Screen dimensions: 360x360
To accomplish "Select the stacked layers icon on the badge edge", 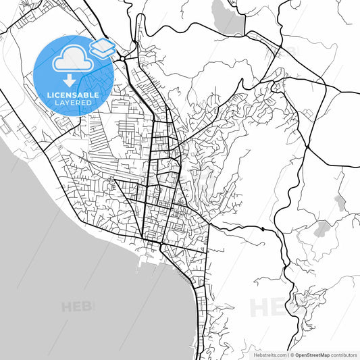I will [x=103, y=47].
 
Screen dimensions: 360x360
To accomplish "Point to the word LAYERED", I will [x=73, y=103].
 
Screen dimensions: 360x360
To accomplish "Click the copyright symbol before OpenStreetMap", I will [x=291, y=354].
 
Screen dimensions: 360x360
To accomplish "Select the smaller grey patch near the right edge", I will [x=340, y=201].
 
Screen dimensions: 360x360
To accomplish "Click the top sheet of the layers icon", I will [x=103, y=43].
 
